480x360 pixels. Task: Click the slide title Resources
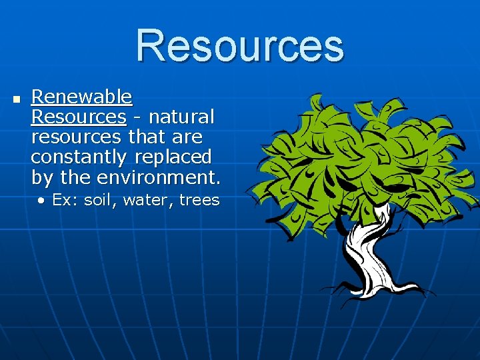pos(240,45)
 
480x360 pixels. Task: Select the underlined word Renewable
pos(81,97)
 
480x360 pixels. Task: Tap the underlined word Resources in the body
pos(78,117)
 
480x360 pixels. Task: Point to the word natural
pos(181,117)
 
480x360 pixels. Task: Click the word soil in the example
pos(99,200)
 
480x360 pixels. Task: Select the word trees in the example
pos(199,200)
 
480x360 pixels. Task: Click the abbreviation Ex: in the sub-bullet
pos(64,200)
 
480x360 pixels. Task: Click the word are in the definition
pos(187,137)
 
